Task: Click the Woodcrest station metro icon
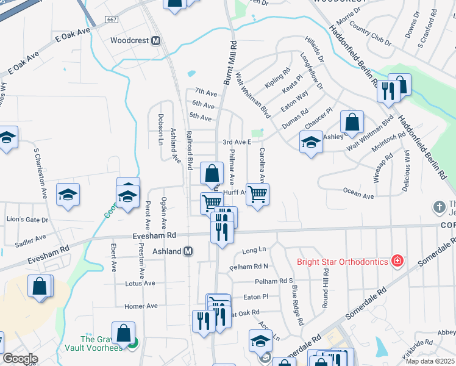(x=155, y=41)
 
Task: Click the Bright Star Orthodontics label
(x=343, y=262)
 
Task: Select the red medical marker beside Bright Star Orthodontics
(x=397, y=261)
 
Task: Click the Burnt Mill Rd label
(x=230, y=63)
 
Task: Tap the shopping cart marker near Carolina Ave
(x=258, y=195)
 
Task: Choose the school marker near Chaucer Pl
(x=312, y=143)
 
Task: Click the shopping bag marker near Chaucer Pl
(x=352, y=122)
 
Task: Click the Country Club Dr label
(x=371, y=35)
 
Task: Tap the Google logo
(x=20, y=359)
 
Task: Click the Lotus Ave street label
(x=140, y=283)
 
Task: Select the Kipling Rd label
(x=278, y=77)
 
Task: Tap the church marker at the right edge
(x=438, y=207)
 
